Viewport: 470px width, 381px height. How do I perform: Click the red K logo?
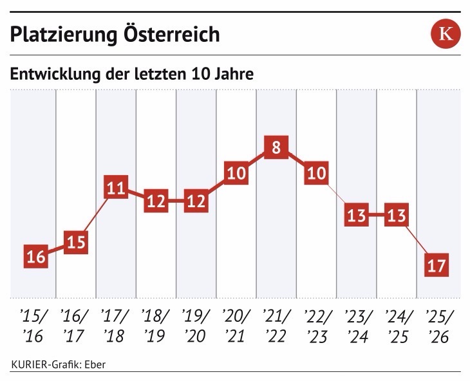(445, 34)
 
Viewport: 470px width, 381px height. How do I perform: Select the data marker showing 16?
(36, 256)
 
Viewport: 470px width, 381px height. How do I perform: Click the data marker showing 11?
(117, 189)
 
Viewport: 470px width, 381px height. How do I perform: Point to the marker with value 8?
(276, 148)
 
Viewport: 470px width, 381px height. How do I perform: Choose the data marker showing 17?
(436, 265)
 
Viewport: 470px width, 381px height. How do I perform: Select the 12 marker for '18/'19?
(156, 201)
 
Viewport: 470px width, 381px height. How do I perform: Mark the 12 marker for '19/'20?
(196, 201)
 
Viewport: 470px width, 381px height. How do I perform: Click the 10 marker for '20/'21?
(236, 173)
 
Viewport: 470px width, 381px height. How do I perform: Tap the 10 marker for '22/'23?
(316, 173)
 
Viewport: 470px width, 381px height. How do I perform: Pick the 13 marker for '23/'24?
(356, 215)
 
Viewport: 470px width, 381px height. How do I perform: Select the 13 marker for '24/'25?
(396, 215)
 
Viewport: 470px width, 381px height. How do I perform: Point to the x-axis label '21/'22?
(275, 326)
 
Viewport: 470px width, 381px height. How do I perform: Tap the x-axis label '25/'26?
(436, 326)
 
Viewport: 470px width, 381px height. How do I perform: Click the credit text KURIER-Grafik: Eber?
(58, 364)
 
